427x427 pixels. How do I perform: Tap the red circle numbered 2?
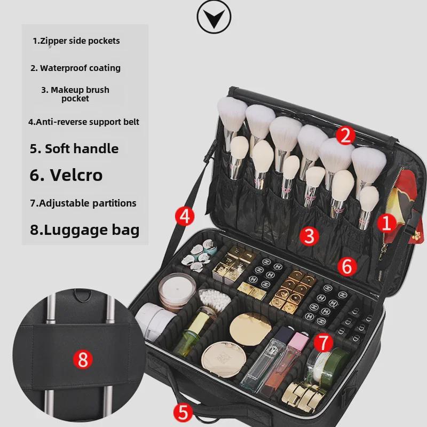pos(345,135)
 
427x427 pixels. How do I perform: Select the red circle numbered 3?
pos(309,235)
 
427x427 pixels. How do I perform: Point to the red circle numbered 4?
pos(184,216)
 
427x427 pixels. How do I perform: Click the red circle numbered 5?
pos(183,412)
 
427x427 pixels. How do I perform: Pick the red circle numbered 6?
pos(347,266)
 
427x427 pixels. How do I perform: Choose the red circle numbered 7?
pos(323,342)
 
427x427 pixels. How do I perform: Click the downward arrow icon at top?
pos(213,18)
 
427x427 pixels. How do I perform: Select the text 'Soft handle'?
pos(74,148)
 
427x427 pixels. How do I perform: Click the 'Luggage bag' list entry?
pos(84,230)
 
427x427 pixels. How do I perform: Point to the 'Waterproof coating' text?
pos(75,68)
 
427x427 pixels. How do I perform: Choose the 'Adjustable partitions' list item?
pos(83,203)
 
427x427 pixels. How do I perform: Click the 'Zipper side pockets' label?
pos(76,41)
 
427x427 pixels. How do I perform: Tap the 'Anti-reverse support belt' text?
pos(84,122)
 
